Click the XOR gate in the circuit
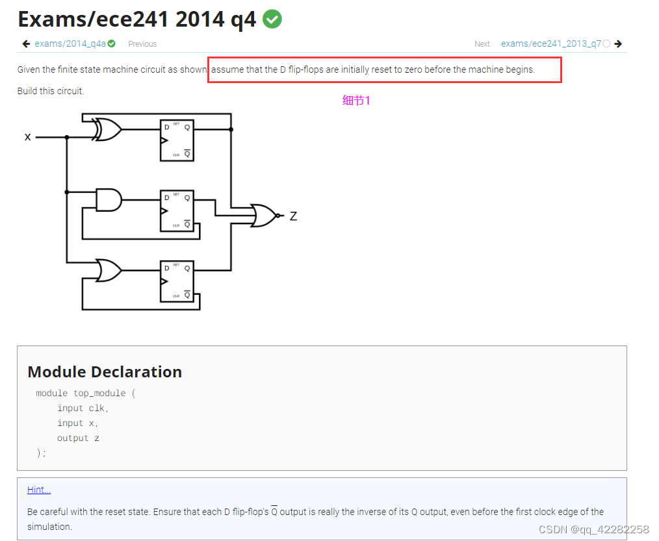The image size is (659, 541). click(108, 129)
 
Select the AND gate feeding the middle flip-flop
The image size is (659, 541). click(109, 199)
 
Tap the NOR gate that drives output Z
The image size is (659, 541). click(264, 215)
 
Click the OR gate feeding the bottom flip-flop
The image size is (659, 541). click(109, 270)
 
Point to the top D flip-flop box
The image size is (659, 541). click(177, 140)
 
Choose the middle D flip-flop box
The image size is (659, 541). click(177, 210)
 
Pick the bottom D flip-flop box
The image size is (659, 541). click(177, 281)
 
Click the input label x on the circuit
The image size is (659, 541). click(27, 137)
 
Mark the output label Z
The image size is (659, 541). click(293, 216)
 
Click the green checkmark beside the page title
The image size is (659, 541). click(272, 19)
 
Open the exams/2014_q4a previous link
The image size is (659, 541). click(70, 44)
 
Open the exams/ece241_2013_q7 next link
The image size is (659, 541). click(550, 44)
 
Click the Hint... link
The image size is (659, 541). click(39, 490)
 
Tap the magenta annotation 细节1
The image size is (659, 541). click(356, 100)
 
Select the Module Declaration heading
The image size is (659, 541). click(105, 371)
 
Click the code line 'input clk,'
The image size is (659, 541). click(83, 408)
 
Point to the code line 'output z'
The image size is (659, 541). click(78, 438)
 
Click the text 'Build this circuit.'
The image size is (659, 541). click(51, 91)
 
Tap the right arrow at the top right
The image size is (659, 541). click(618, 44)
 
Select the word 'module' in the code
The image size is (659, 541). click(51, 393)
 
